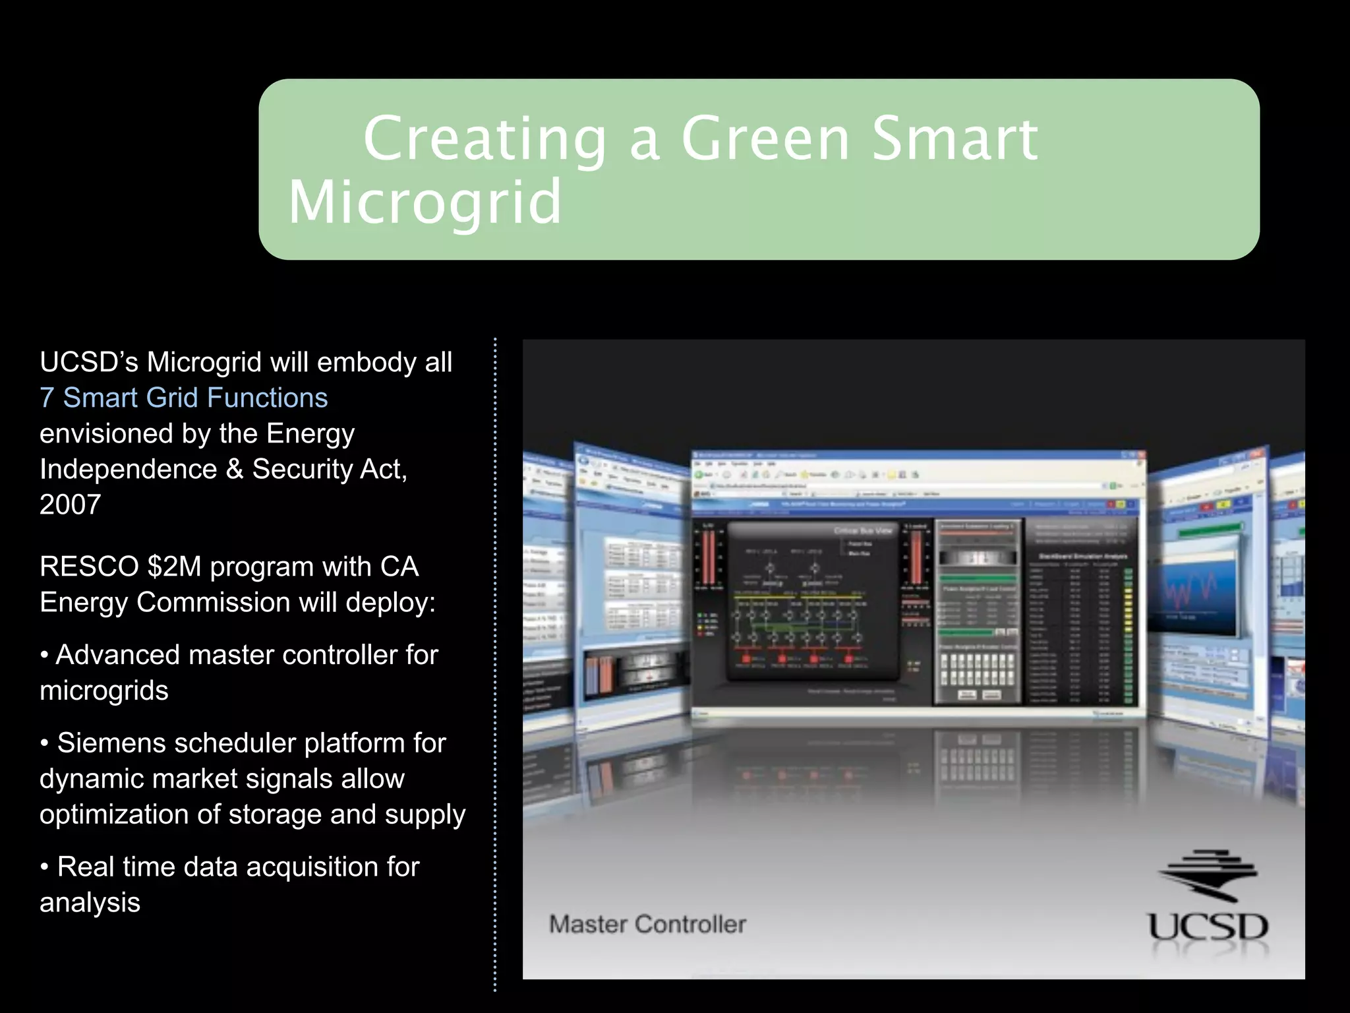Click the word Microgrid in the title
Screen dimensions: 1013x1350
click(x=425, y=202)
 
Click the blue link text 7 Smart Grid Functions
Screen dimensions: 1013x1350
click(x=183, y=398)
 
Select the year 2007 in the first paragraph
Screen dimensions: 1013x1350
click(x=70, y=505)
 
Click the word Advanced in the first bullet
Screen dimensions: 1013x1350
click(x=117, y=655)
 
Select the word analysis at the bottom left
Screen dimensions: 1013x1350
click(x=90, y=902)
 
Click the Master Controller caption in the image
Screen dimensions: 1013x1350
click(x=647, y=924)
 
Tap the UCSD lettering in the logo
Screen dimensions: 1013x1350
click(x=1208, y=927)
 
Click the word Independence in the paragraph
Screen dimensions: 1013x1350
click(x=128, y=469)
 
